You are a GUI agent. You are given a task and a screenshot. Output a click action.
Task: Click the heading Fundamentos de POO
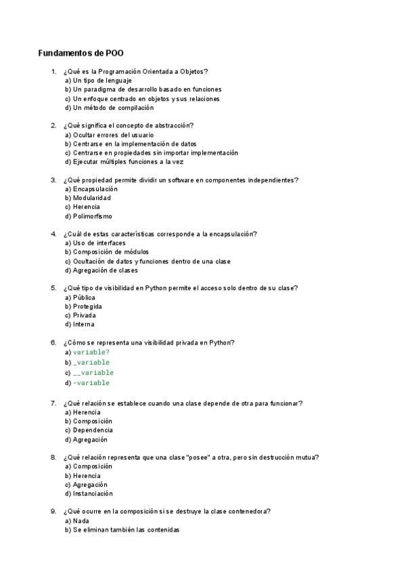tap(81, 53)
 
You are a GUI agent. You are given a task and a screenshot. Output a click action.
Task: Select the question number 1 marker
tap(53, 71)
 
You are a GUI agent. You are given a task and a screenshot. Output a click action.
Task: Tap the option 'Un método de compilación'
tap(109, 107)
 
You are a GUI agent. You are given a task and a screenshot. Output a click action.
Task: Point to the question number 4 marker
tap(53, 234)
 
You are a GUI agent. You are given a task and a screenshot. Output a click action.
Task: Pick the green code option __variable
tap(93, 372)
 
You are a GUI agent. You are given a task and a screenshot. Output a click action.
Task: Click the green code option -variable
tap(91, 383)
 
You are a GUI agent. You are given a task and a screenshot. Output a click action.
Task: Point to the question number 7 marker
tap(53, 403)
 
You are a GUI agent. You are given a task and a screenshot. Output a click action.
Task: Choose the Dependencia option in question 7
tap(93, 430)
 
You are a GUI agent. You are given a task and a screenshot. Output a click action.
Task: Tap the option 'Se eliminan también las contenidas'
tap(126, 530)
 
